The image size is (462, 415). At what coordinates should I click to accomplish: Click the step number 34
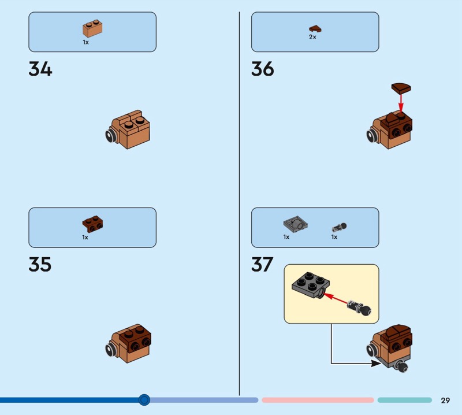point(40,70)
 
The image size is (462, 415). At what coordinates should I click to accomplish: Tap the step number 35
point(40,265)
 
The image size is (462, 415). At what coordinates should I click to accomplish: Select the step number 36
point(263,70)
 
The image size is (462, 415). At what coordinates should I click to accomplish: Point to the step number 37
point(262,265)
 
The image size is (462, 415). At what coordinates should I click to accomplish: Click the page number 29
point(445,400)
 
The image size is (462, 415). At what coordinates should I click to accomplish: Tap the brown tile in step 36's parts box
point(315,28)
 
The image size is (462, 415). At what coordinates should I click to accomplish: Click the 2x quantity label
point(312,37)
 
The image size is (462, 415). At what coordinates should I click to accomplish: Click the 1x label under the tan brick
point(85,42)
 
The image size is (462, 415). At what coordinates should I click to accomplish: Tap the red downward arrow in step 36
point(401,103)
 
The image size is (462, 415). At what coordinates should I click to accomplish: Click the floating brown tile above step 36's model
point(403,88)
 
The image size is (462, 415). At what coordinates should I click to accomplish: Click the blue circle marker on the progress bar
point(144,399)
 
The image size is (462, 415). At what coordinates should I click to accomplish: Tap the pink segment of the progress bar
point(318,400)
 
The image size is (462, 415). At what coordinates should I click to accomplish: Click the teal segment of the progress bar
point(404,400)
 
